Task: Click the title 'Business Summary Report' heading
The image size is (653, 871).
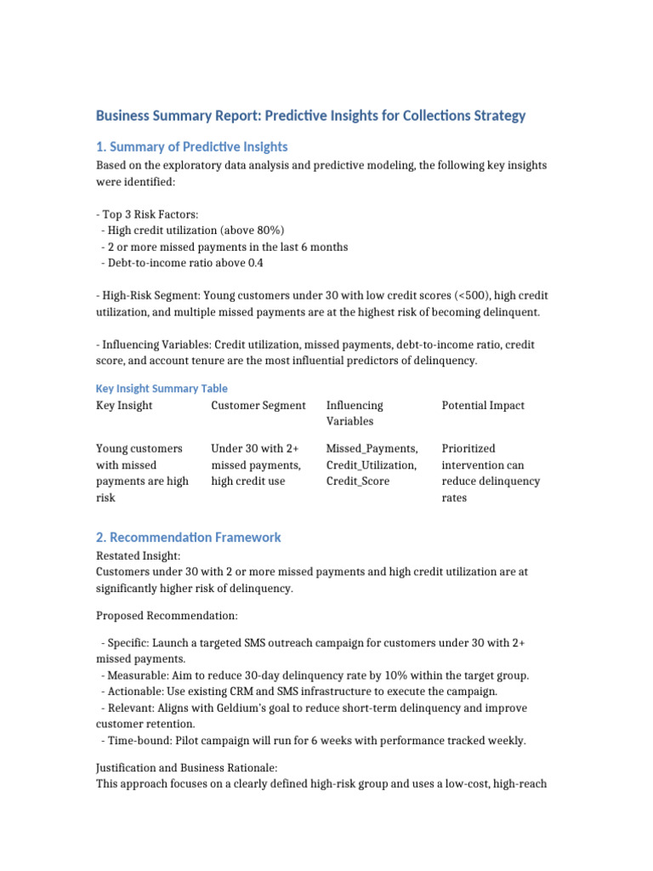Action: pos(310,116)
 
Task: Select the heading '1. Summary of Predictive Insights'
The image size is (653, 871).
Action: pos(191,146)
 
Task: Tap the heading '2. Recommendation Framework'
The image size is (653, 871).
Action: pos(188,538)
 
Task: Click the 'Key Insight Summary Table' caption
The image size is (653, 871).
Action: pos(162,388)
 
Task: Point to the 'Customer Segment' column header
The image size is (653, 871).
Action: pos(258,406)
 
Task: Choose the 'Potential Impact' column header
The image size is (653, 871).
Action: pos(483,406)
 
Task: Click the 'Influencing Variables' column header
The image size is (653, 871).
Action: pos(355,413)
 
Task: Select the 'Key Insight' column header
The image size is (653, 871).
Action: pos(124,406)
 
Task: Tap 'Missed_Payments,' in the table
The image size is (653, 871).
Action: pos(372,448)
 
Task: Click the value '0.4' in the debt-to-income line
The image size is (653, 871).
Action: pos(255,263)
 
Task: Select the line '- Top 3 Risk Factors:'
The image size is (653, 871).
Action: pos(150,214)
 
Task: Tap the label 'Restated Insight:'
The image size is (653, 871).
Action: pos(139,555)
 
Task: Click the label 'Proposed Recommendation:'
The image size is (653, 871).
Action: pos(167,614)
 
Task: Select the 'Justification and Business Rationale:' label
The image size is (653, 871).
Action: pos(187,768)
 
